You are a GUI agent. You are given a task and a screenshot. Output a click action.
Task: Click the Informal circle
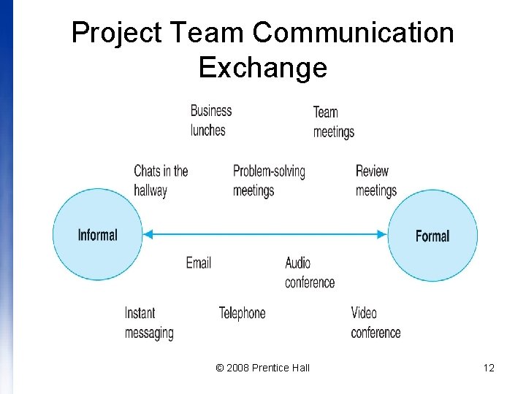pos(98,234)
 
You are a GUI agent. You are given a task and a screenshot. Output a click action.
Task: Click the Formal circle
pos(432,236)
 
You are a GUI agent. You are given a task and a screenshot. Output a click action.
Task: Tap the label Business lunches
pos(210,120)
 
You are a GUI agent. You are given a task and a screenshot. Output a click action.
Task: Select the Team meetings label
pos(333,122)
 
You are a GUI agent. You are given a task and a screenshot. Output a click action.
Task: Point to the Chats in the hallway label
pos(161,181)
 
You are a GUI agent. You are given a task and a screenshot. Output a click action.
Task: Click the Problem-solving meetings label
pos(269,181)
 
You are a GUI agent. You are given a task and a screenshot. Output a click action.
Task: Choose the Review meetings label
pos(376,181)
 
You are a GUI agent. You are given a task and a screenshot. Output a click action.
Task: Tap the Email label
pos(198,263)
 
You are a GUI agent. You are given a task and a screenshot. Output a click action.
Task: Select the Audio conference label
pos(309,272)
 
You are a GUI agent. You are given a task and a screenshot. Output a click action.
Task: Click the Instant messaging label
pos(149,322)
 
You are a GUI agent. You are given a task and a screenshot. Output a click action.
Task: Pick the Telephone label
pos(242,313)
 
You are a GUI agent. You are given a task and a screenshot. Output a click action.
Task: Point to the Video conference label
pos(376,322)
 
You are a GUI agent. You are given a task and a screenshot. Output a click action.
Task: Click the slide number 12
pos(489,368)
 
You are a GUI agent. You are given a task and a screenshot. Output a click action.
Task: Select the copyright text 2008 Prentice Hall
pos(263,368)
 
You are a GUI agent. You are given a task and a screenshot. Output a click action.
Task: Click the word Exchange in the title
pos(262,67)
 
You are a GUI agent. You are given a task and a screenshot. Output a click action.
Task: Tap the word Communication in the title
pos(354,33)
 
